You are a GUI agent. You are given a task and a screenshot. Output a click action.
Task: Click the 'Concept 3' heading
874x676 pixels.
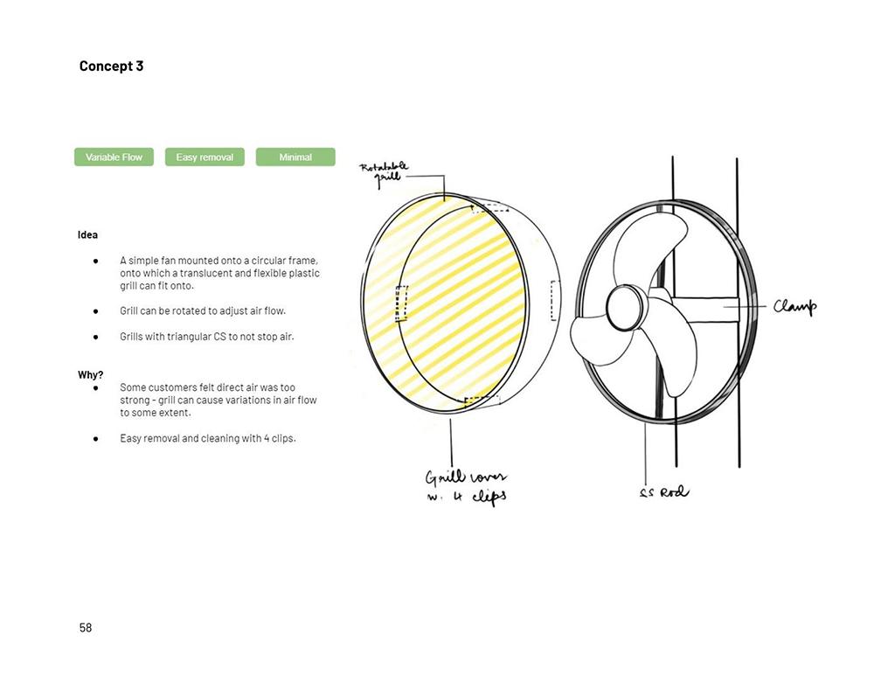point(111,66)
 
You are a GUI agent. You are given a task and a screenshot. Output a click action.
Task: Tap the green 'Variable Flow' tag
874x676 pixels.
point(114,157)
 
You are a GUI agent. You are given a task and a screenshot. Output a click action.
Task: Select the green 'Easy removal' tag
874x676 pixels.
point(205,157)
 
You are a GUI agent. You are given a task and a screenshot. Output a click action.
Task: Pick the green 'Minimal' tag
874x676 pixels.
point(295,157)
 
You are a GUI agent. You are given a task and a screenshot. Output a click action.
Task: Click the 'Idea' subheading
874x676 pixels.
point(87,235)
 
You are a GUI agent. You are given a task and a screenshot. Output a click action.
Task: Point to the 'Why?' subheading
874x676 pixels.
point(90,375)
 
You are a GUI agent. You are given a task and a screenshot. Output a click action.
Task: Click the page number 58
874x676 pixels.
point(86,628)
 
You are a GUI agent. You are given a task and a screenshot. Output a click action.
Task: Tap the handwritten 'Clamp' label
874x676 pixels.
point(794,306)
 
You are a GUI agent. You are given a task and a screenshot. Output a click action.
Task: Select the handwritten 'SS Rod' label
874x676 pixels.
point(664,492)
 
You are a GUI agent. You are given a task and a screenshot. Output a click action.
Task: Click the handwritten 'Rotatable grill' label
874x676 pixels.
point(384,173)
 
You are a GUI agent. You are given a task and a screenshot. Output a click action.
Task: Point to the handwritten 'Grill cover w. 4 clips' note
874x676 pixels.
point(467,487)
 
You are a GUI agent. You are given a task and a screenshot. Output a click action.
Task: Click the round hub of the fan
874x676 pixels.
point(626,307)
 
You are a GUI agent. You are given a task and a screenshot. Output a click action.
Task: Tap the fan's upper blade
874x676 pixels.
point(652,246)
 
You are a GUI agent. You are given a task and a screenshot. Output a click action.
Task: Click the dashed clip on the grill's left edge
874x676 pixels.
point(401,303)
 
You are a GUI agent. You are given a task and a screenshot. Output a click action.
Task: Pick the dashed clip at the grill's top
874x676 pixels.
point(490,208)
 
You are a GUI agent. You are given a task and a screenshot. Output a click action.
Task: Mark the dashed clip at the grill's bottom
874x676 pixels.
point(482,401)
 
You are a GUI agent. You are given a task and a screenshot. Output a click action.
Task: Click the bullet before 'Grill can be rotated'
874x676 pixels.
point(96,311)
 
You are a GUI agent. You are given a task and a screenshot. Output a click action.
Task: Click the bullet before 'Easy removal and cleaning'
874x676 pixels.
point(96,439)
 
